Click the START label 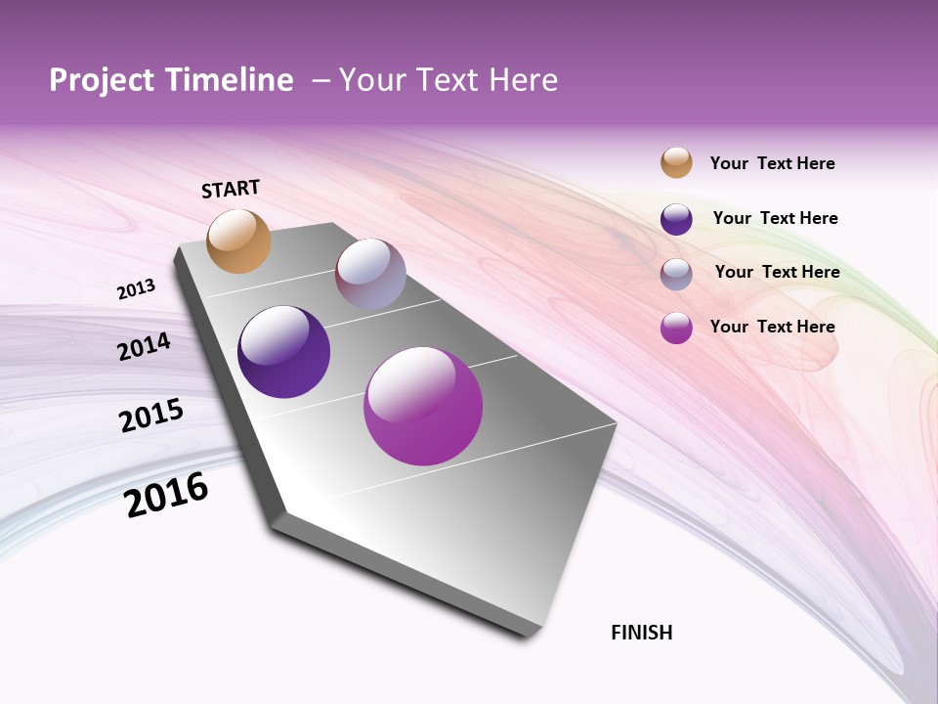[x=231, y=189]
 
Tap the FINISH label [x=642, y=633]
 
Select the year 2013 [x=136, y=289]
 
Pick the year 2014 [x=144, y=347]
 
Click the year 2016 [x=166, y=495]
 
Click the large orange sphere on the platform [x=239, y=242]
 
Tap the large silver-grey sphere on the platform [x=370, y=274]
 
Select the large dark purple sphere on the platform [x=284, y=352]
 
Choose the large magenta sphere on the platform [x=423, y=406]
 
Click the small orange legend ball [x=676, y=162]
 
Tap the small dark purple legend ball [x=676, y=219]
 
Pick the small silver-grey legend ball [x=676, y=274]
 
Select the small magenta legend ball [x=676, y=328]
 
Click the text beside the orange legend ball [x=772, y=163]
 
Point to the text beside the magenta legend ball [x=772, y=327]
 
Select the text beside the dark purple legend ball [x=775, y=218]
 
